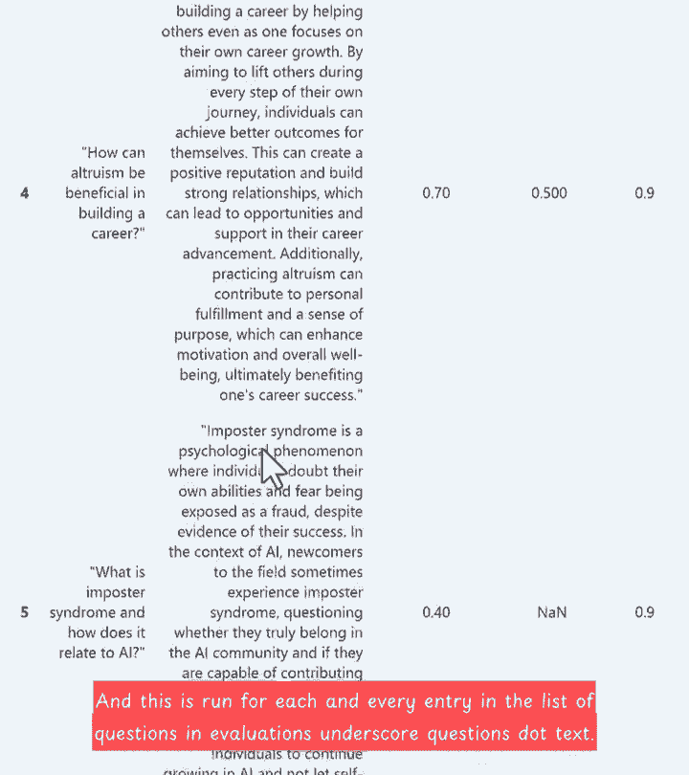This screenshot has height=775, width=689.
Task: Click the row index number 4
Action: point(25,193)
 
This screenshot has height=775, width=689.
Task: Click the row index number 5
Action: point(25,612)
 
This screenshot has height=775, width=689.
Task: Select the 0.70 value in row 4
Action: point(435,193)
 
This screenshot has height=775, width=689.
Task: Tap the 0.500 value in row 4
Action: point(548,193)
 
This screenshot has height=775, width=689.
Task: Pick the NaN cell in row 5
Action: point(551,612)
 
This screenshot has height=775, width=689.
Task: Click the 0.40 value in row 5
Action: point(435,612)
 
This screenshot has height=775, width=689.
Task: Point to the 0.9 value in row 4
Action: point(644,193)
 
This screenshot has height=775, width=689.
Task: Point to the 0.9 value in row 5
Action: point(644,612)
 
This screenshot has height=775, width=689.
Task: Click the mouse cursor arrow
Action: point(272,466)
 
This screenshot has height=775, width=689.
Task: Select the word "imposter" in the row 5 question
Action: point(115,592)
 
